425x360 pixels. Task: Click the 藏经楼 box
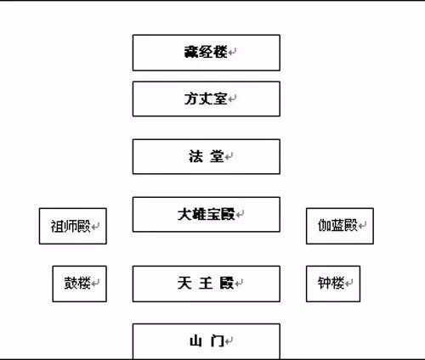tap(206, 53)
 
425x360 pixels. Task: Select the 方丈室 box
tap(206, 98)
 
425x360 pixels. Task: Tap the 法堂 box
tap(206, 156)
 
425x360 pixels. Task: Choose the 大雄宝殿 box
tap(206, 214)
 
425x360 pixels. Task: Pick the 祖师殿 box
tap(73, 226)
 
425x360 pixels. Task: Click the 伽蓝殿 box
tap(339, 226)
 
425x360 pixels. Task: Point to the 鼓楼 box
tap(79, 284)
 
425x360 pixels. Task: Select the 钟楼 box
tap(333, 284)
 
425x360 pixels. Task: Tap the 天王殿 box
tap(206, 284)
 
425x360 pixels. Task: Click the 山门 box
tap(206, 340)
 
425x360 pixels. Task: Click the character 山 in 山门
tap(195, 341)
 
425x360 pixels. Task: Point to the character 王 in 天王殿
tap(205, 282)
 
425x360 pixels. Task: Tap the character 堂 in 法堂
tap(218, 156)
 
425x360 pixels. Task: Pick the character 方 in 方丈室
tap(190, 98)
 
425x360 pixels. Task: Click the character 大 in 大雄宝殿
tap(184, 212)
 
